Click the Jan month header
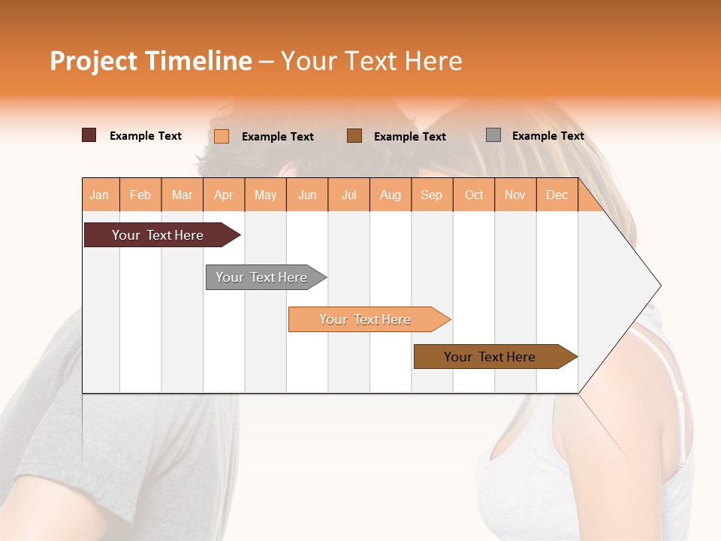(x=100, y=195)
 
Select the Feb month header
(x=140, y=195)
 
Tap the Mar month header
(x=182, y=195)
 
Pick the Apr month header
(x=224, y=195)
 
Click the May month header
(x=265, y=195)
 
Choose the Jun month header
(x=307, y=195)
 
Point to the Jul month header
(x=348, y=195)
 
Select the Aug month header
(x=391, y=195)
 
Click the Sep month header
(x=432, y=195)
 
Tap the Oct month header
(x=474, y=195)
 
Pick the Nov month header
(x=515, y=195)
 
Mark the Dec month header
(x=557, y=195)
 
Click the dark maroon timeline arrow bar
(x=158, y=235)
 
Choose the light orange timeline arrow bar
(x=366, y=319)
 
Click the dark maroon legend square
(x=89, y=135)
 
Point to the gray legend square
(x=493, y=135)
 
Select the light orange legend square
(x=222, y=136)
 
